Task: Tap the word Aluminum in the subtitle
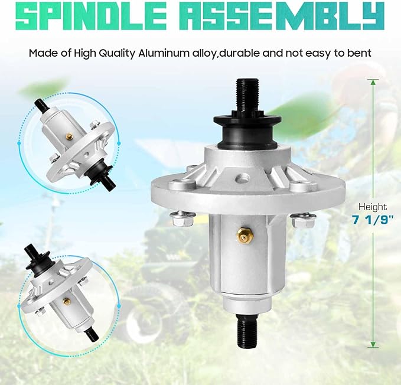tap(162, 53)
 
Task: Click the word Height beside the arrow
tap(373, 207)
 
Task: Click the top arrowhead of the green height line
tap(373, 82)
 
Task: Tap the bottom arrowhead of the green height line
tap(373, 344)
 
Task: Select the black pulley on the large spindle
tap(247, 130)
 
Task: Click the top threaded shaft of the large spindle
tap(247, 94)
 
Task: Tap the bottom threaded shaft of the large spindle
tap(247, 329)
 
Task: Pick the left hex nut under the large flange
tap(181, 219)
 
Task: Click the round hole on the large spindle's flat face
tap(243, 177)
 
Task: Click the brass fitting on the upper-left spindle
tap(69, 136)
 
